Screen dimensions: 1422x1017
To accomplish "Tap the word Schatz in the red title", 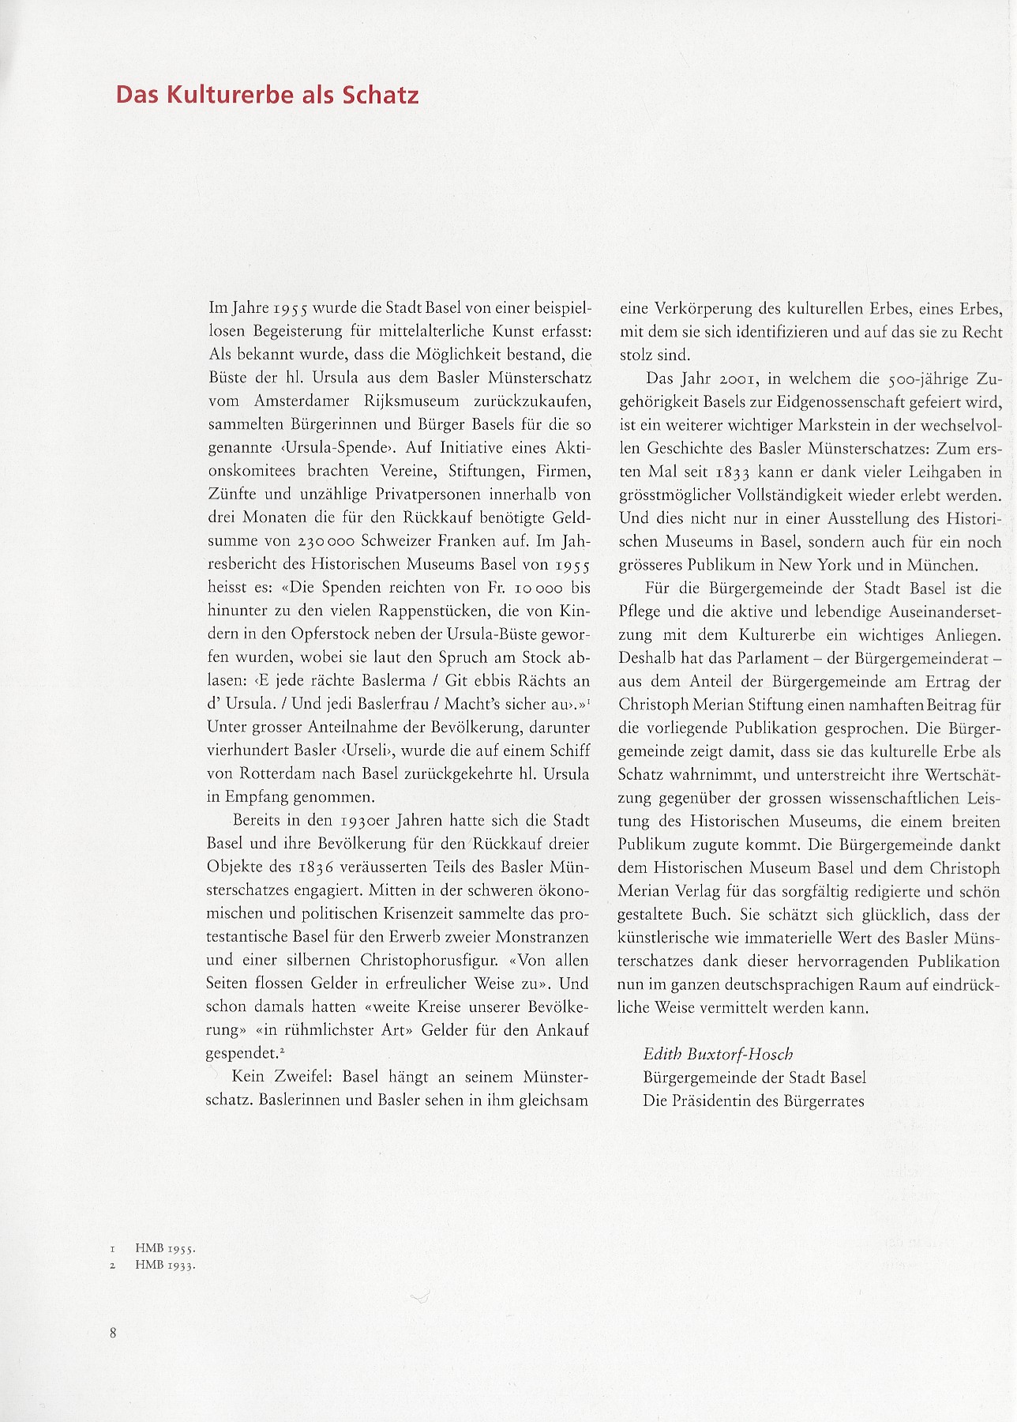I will (x=379, y=96).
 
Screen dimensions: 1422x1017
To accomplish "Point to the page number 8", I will (x=113, y=1333).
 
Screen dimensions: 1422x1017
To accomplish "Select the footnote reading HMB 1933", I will (x=164, y=1265).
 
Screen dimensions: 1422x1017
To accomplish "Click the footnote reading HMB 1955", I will (x=164, y=1249).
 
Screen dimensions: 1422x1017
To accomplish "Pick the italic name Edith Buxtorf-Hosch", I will (x=718, y=1054).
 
